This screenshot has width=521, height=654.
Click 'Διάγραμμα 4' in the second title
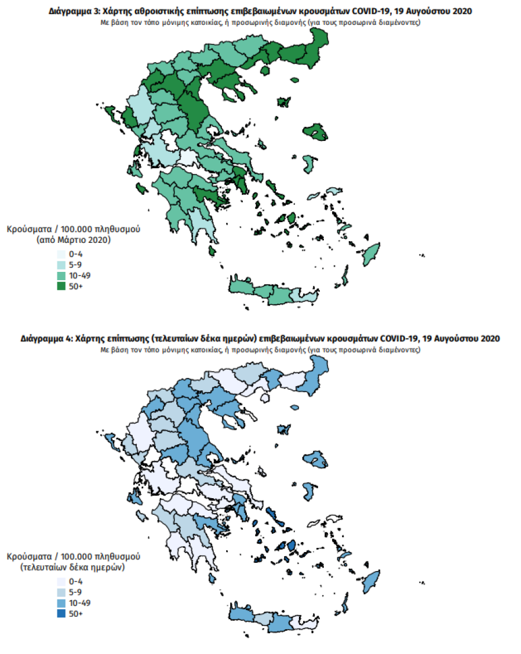(x=42, y=338)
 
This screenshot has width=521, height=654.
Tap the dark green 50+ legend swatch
(x=62, y=286)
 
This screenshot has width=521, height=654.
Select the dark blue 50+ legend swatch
(x=62, y=614)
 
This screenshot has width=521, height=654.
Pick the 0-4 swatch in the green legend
(x=62, y=254)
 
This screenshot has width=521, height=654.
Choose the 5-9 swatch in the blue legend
(x=62, y=592)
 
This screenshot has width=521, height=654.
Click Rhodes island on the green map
(x=371, y=254)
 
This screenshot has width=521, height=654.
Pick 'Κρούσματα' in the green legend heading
(x=29, y=229)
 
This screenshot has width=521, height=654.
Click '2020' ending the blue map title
(x=489, y=338)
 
